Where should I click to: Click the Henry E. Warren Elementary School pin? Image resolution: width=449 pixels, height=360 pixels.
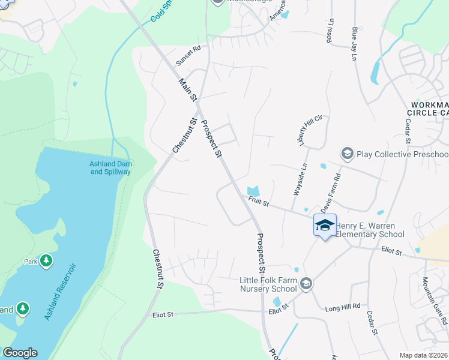pos(325,226)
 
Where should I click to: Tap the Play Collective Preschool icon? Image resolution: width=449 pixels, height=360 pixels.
pos(347,154)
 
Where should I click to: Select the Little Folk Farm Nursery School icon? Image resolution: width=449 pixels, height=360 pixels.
pos(306,283)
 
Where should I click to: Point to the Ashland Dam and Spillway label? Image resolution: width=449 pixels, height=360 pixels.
pos(110,167)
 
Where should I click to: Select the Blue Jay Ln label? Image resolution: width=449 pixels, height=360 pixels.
pos(355,43)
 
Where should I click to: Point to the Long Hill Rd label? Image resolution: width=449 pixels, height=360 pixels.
pos(343,306)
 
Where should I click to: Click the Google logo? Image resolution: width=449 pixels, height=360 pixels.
pos(20,353)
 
